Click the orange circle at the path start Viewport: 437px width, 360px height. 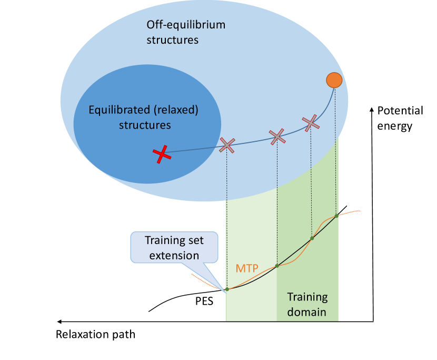[x=334, y=80]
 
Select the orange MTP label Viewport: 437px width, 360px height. [x=247, y=268]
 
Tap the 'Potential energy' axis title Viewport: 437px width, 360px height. [x=400, y=118]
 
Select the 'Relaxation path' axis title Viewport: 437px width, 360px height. [x=96, y=334]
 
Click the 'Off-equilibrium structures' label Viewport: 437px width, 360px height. [x=173, y=32]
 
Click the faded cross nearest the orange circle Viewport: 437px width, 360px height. [x=311, y=123]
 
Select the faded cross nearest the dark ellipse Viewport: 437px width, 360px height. [x=227, y=145]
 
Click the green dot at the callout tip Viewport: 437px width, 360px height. [x=227, y=289]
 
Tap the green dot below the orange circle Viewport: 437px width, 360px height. [x=336, y=216]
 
